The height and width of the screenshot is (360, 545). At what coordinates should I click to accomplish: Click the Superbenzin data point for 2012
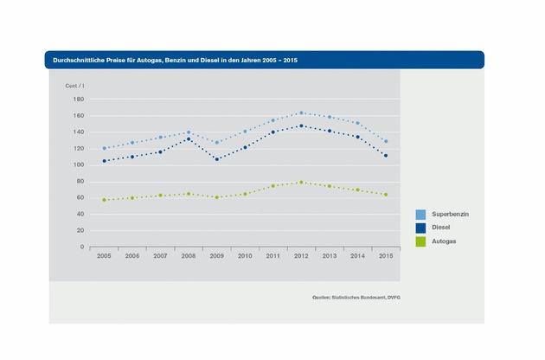[301, 112]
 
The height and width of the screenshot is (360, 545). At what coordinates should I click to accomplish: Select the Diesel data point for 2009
[217, 159]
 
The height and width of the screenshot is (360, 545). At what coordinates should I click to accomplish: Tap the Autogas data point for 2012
[301, 182]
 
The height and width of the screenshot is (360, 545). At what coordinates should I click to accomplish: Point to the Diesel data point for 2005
[105, 161]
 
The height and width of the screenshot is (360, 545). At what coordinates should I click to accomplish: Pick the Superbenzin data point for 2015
[385, 141]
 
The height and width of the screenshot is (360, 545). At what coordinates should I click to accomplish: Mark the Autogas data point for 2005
[105, 200]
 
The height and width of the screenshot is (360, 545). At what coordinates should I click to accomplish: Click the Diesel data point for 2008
[189, 138]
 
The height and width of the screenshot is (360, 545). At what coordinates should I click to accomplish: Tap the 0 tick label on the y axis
[81, 247]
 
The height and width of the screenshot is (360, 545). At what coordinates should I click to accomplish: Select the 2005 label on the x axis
[105, 256]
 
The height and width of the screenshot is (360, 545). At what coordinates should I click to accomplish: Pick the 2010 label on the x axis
[245, 256]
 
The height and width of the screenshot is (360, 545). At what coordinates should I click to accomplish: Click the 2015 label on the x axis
[385, 256]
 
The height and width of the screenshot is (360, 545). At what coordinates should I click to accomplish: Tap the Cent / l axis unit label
[75, 86]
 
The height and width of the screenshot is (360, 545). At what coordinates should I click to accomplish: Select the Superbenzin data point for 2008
[189, 132]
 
